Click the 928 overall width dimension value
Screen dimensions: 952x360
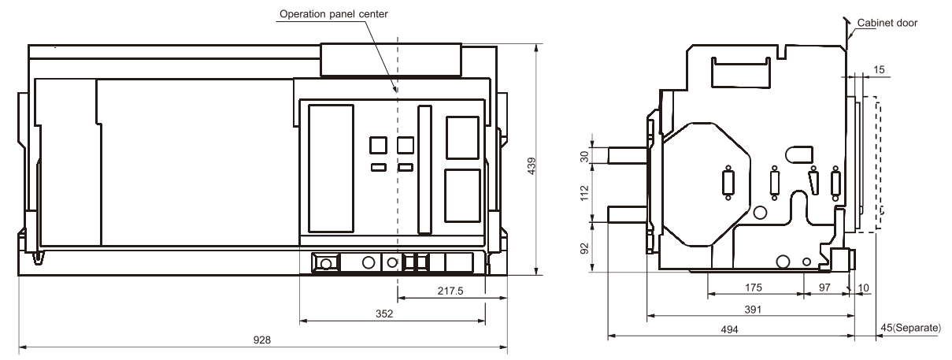click(261, 340)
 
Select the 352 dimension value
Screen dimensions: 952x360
click(384, 314)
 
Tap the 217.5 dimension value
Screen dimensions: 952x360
click(450, 291)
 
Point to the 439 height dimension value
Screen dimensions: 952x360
click(532, 165)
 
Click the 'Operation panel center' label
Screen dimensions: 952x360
click(334, 14)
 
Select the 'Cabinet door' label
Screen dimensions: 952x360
click(887, 23)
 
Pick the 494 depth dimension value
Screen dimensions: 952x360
click(729, 329)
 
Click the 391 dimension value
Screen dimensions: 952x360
click(753, 310)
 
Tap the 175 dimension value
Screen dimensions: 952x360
click(753, 288)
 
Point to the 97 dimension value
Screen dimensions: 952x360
click(824, 288)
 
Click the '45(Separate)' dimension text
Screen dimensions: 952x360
click(910, 328)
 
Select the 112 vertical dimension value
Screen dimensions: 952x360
click(585, 193)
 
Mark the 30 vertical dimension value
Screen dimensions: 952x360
click(585, 157)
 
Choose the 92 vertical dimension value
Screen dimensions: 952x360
click(585, 248)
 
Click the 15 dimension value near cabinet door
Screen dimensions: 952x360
click(879, 69)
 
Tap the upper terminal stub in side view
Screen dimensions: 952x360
click(628, 155)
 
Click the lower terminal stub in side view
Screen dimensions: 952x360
click(628, 214)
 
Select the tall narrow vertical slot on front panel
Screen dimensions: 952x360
click(424, 170)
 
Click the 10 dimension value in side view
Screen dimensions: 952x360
click(863, 288)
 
